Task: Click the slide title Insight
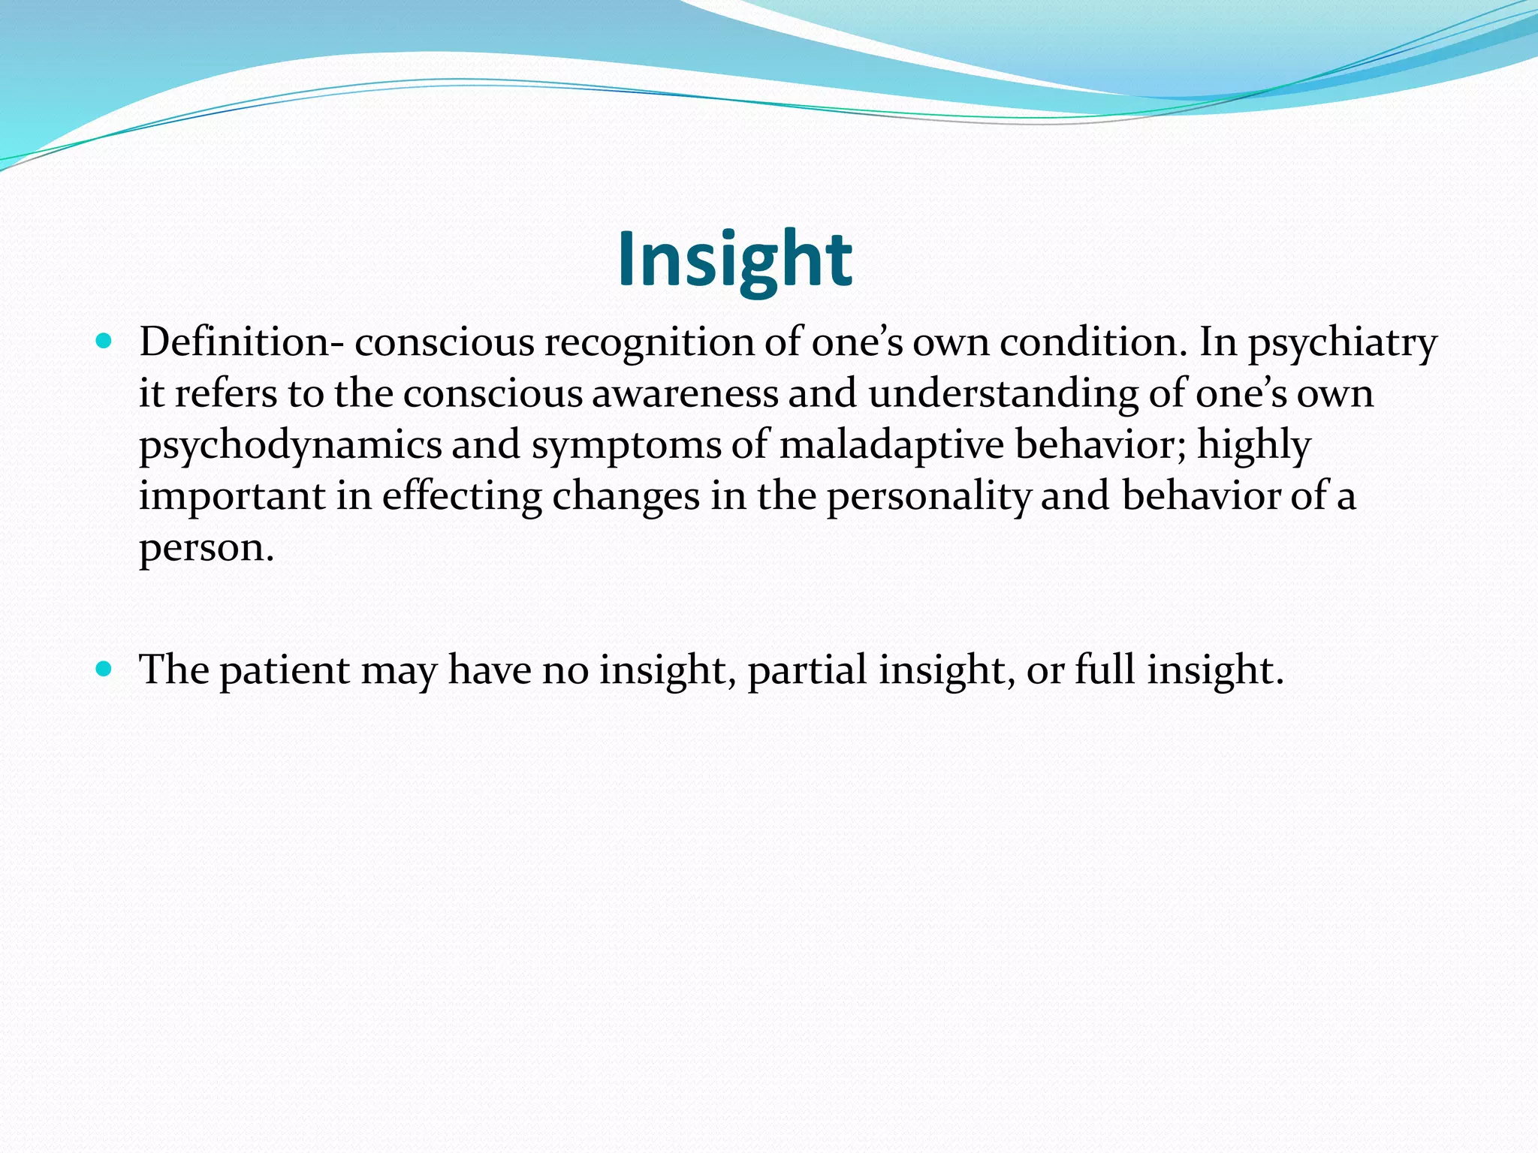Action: [x=734, y=259]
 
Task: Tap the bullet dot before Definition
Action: [x=104, y=342]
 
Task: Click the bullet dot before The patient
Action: [x=104, y=668]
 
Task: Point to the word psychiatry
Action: [x=1342, y=344]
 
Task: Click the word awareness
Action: [x=685, y=393]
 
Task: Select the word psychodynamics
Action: [x=291, y=446]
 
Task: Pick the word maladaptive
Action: [x=891, y=446]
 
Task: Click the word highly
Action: [x=1253, y=446]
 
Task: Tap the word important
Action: [x=232, y=497]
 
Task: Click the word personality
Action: [x=929, y=497]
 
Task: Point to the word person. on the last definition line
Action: [x=207, y=549]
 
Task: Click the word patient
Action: [x=285, y=670]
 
